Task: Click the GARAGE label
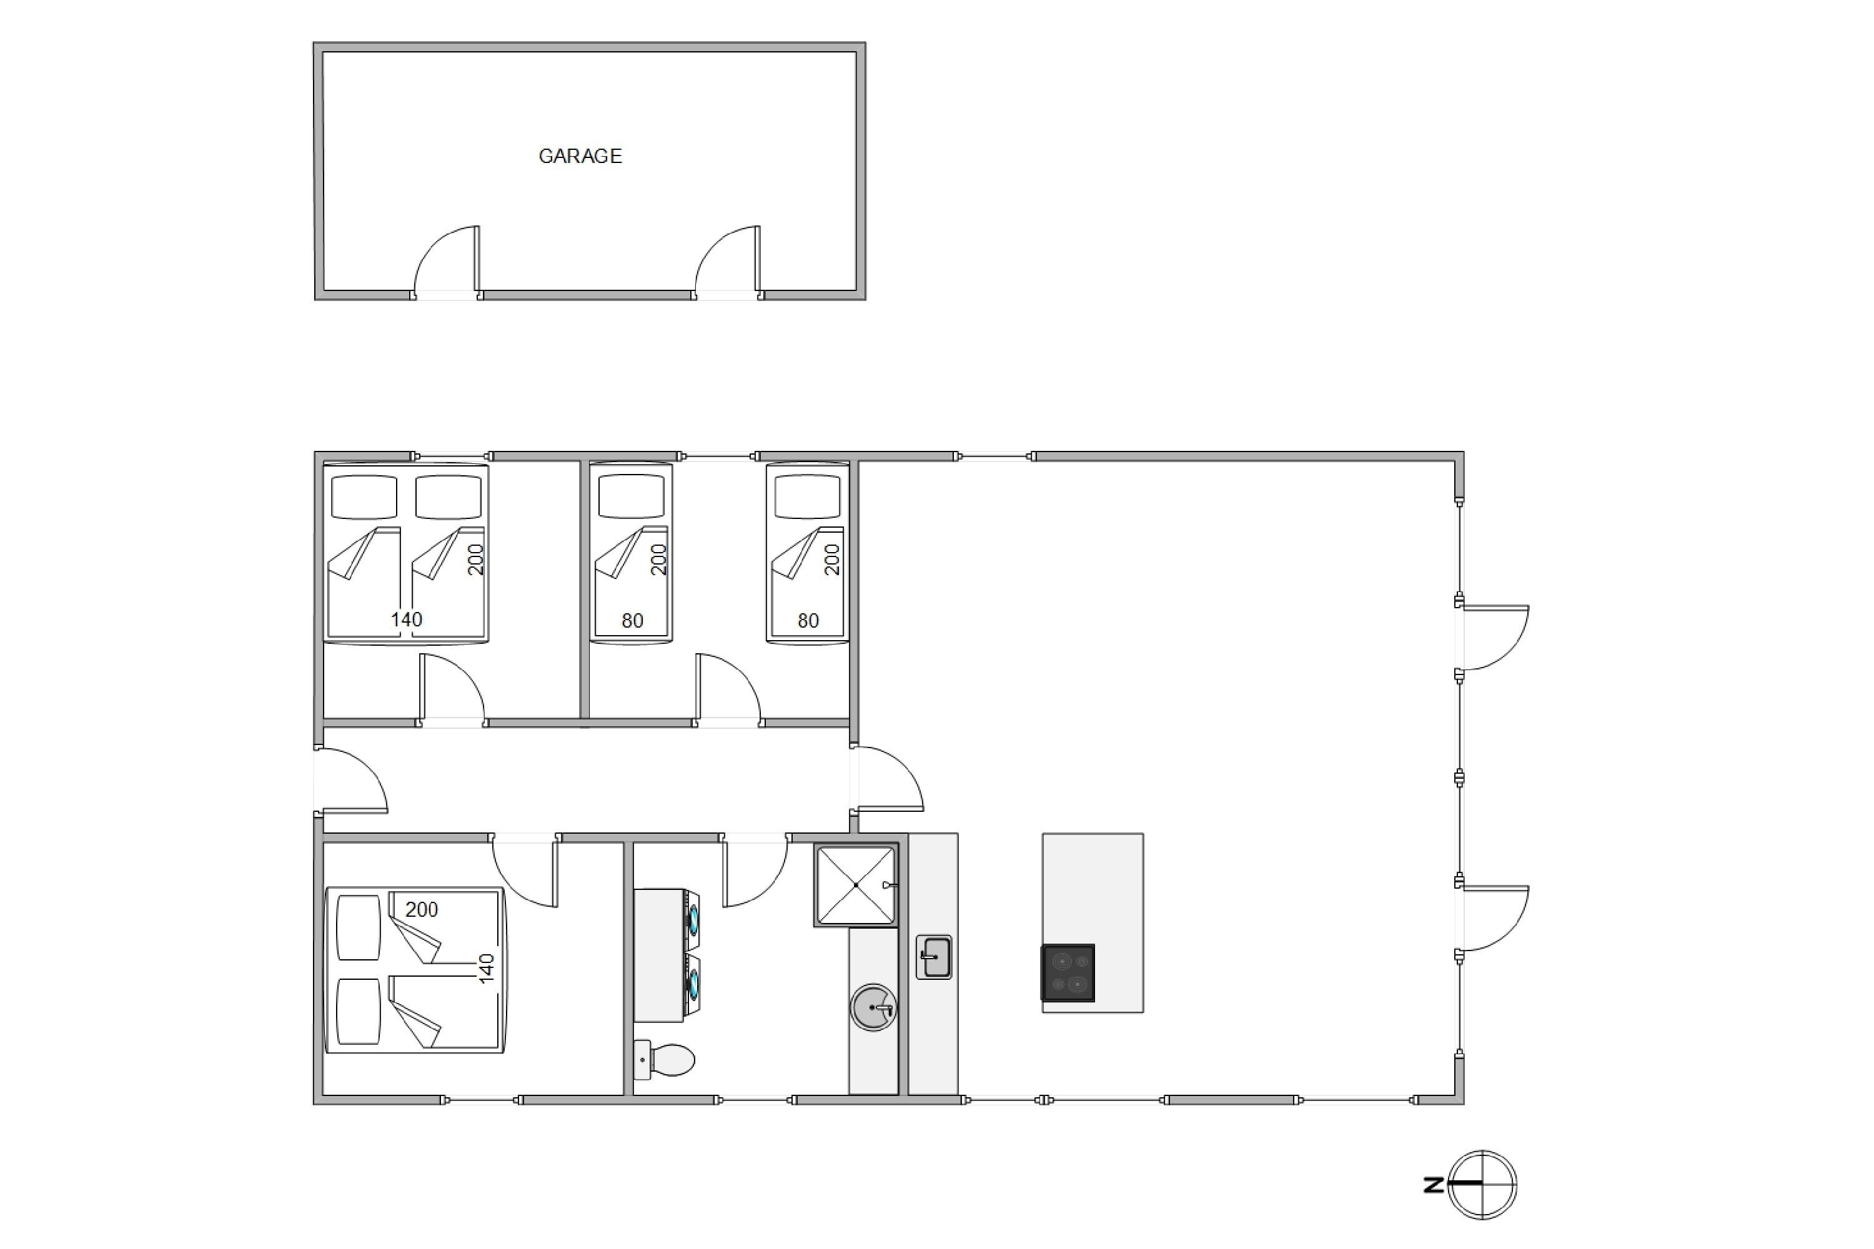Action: click(580, 156)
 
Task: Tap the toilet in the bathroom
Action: click(665, 1060)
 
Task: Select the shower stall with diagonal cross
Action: click(856, 885)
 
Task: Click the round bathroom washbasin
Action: click(874, 1008)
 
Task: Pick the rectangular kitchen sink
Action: click(934, 957)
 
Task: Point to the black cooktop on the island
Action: click(1068, 972)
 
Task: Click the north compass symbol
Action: click(1482, 1185)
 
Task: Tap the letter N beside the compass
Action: click(1434, 1185)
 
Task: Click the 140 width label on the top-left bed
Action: click(407, 619)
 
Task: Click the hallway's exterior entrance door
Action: click(351, 781)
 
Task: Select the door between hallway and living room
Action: click(887, 778)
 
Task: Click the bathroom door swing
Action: click(755, 871)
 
